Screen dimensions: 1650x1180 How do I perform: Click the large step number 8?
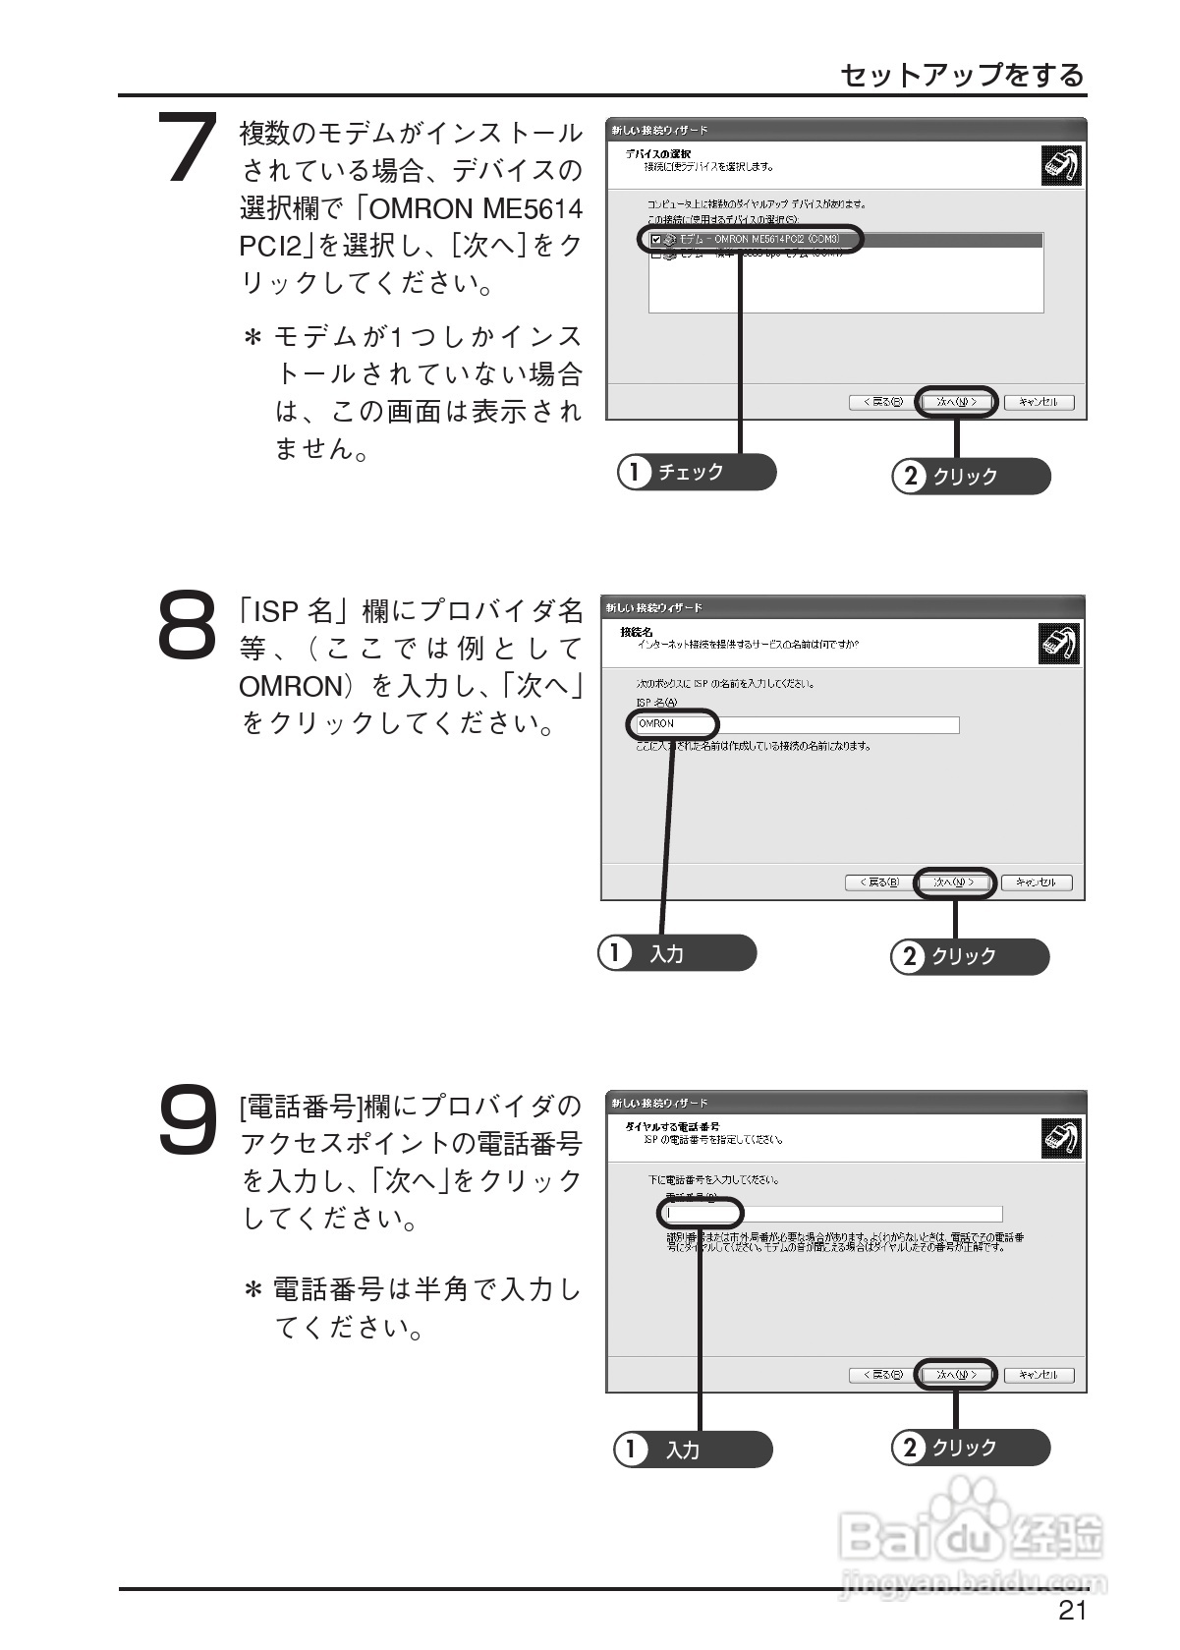coord(187,622)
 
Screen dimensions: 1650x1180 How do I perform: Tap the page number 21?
coord(1072,1611)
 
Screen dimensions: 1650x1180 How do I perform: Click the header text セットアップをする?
coord(962,75)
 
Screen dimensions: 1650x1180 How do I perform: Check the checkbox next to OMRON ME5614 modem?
coord(656,239)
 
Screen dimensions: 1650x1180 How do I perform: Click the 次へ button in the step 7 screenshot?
coord(956,402)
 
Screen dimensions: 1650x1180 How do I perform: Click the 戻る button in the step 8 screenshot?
coord(873,882)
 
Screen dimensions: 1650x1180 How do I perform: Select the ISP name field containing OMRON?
coord(796,724)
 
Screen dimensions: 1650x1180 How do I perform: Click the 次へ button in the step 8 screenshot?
coord(954,882)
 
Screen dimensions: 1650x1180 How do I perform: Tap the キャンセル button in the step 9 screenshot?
coord(1039,1375)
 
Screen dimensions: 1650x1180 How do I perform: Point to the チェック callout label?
coord(696,473)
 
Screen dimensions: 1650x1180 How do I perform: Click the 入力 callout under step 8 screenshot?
coord(677,953)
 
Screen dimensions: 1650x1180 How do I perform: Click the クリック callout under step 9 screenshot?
coord(970,1448)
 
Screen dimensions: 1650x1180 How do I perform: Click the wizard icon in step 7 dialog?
coord(1061,164)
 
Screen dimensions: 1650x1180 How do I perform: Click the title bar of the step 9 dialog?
coord(845,1103)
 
